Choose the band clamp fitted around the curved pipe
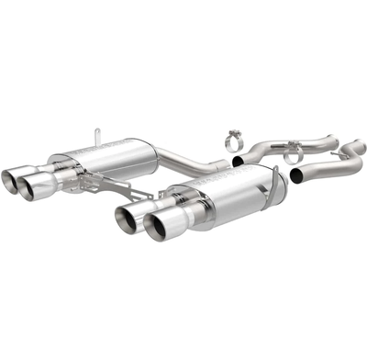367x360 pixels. click(x=294, y=155)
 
